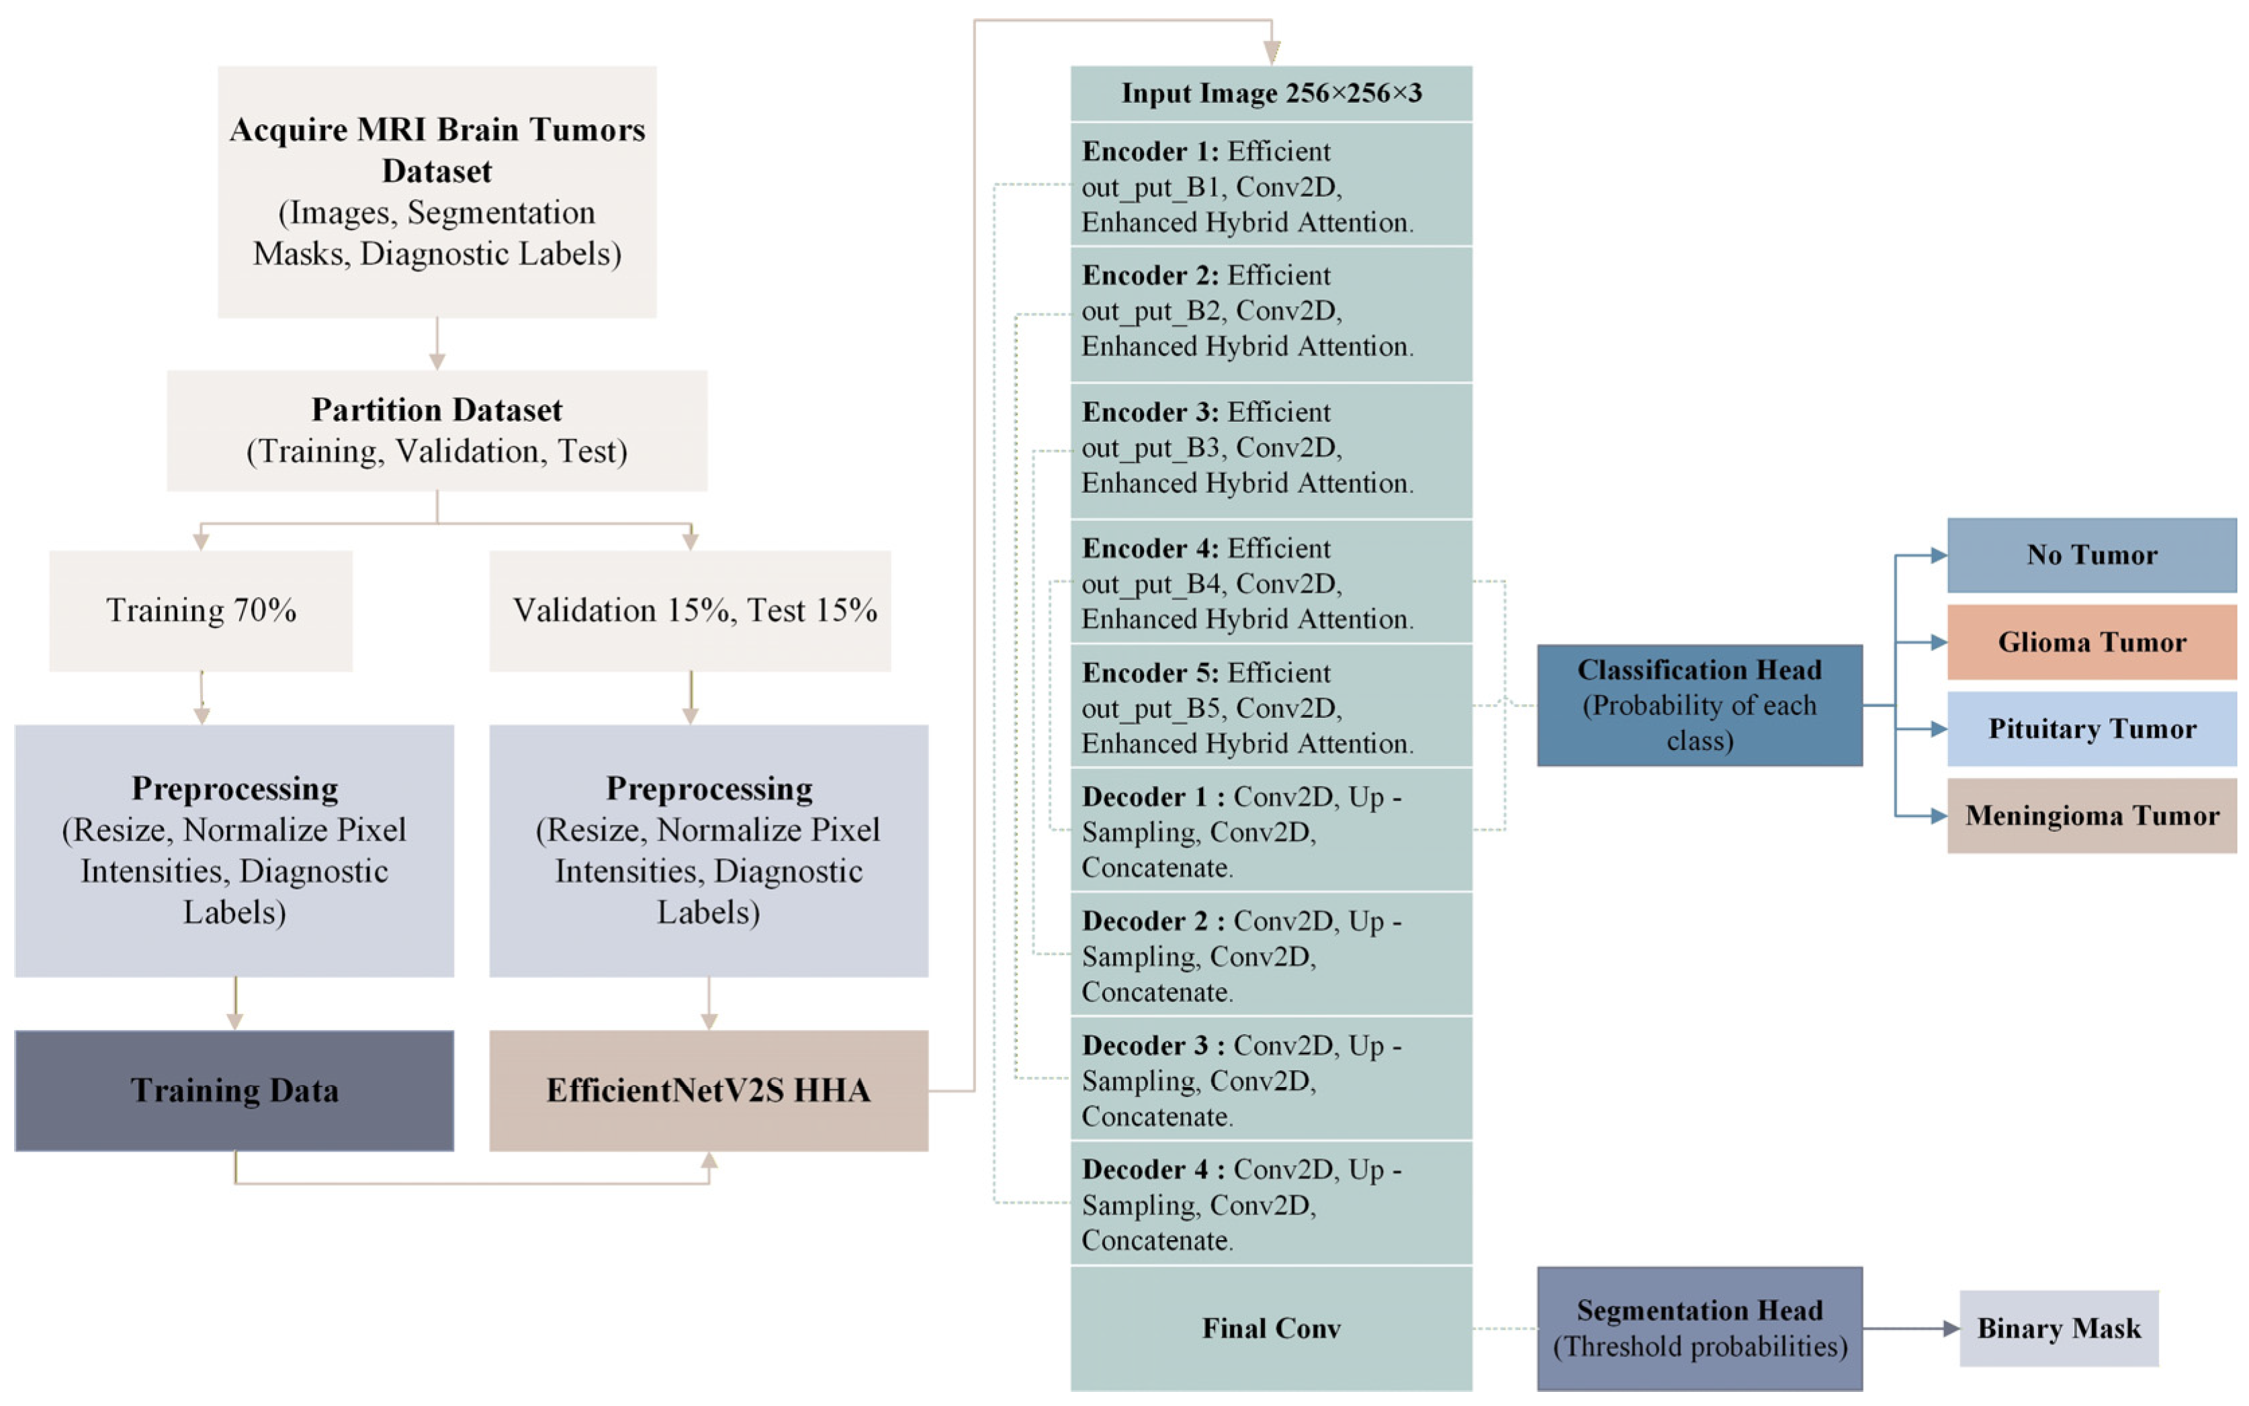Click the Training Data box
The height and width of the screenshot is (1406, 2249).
(234, 1090)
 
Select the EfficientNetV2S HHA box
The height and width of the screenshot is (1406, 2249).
(708, 1090)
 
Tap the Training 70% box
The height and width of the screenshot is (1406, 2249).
(201, 610)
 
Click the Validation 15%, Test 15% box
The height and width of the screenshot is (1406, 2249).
(690, 610)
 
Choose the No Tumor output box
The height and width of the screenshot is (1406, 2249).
(2091, 555)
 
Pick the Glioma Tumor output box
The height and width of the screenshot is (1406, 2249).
(2091, 642)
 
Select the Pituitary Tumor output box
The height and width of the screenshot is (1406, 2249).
(2091, 728)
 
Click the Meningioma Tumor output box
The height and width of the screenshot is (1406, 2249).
(2091, 816)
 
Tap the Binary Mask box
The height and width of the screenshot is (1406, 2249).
(2058, 1328)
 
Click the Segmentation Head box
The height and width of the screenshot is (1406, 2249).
(1700, 1328)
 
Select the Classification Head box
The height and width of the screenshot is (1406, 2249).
(1700, 705)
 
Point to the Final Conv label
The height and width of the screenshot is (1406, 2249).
(1270, 1328)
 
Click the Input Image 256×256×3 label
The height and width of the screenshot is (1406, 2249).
(1270, 93)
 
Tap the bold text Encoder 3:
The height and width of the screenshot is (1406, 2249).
(1149, 412)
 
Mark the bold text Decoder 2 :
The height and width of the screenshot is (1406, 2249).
(1153, 921)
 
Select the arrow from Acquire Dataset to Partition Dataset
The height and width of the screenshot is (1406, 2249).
(436, 344)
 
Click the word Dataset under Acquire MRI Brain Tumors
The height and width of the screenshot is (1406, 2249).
(436, 171)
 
